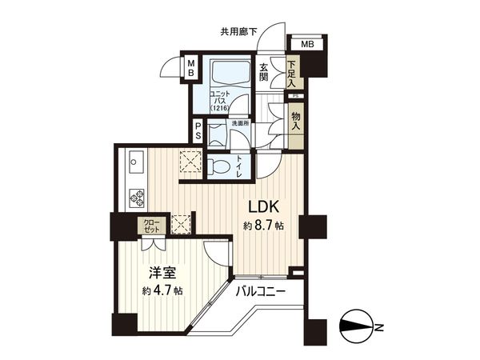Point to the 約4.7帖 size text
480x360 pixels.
point(162,290)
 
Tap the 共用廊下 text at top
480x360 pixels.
point(238,32)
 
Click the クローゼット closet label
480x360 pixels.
point(150,227)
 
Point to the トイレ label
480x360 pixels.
point(242,166)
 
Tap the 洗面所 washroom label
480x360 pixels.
point(240,124)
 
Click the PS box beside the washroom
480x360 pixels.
point(196,131)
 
